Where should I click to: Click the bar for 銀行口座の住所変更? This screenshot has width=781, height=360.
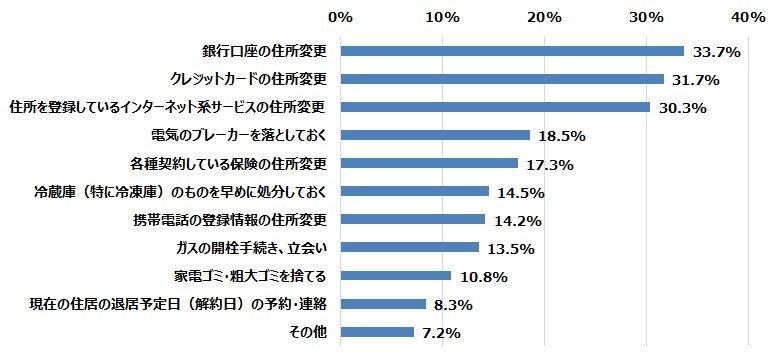512,51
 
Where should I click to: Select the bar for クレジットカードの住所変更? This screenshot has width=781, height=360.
502,79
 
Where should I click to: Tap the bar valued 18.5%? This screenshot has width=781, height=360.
435,135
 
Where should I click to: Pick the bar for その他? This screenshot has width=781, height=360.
377,331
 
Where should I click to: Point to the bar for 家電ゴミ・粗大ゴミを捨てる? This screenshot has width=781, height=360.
396,275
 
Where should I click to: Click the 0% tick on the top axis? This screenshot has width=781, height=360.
341,17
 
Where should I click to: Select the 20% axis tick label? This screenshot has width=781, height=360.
545,17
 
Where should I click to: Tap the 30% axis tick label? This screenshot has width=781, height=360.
647,17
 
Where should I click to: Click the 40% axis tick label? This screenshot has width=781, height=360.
749,17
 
